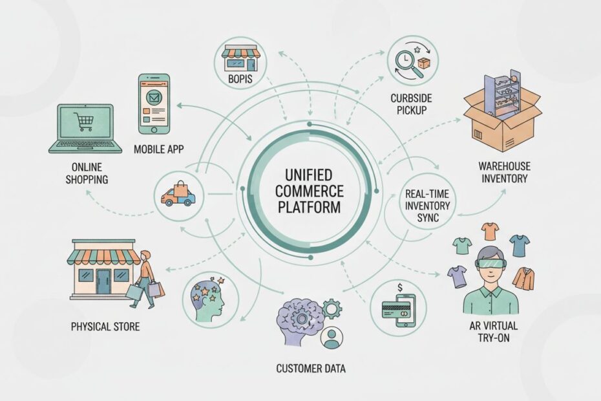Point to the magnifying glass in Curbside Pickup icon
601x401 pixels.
coord(405,59)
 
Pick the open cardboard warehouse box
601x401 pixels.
coord(503,113)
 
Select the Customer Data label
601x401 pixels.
coord(310,369)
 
